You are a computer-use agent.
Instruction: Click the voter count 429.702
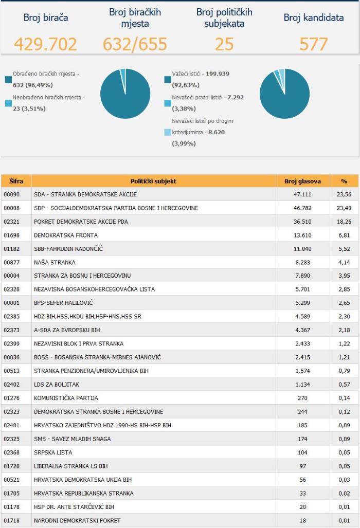point(45,44)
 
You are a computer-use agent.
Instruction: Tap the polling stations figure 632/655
point(135,44)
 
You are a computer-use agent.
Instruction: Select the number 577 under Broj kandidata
point(314,44)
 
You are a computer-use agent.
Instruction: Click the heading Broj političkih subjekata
point(224,17)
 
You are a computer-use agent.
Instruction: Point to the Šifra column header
point(16,181)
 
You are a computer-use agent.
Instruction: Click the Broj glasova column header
point(302,181)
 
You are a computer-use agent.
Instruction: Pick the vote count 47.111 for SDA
point(302,194)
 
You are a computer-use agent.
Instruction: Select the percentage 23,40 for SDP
point(344,208)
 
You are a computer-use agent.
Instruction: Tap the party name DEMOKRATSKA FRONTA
point(66,235)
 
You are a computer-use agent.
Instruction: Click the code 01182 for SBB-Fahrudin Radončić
point(11,249)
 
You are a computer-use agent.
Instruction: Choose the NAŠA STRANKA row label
point(55,262)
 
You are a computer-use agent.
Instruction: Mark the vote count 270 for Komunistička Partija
point(302,398)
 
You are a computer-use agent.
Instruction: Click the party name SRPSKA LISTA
point(53,452)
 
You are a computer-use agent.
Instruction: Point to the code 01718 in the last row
point(11,520)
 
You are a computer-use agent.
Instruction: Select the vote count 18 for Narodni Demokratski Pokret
point(303,520)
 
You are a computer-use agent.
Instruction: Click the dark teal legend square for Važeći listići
point(168,80)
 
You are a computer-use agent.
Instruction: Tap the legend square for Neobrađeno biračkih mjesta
point(8,103)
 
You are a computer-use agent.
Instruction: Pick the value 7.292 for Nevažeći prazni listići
point(236,97)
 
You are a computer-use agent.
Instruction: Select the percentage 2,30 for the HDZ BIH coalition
point(344,317)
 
